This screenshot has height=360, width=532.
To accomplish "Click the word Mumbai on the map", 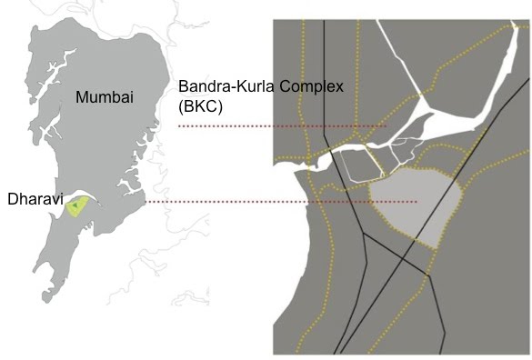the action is pos(104,97).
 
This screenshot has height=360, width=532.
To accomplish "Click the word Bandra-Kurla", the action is pos(219,86).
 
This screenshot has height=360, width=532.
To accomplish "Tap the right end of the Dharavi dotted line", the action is pos(417,202).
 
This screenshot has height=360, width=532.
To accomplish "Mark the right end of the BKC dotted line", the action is pos(386,125).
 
